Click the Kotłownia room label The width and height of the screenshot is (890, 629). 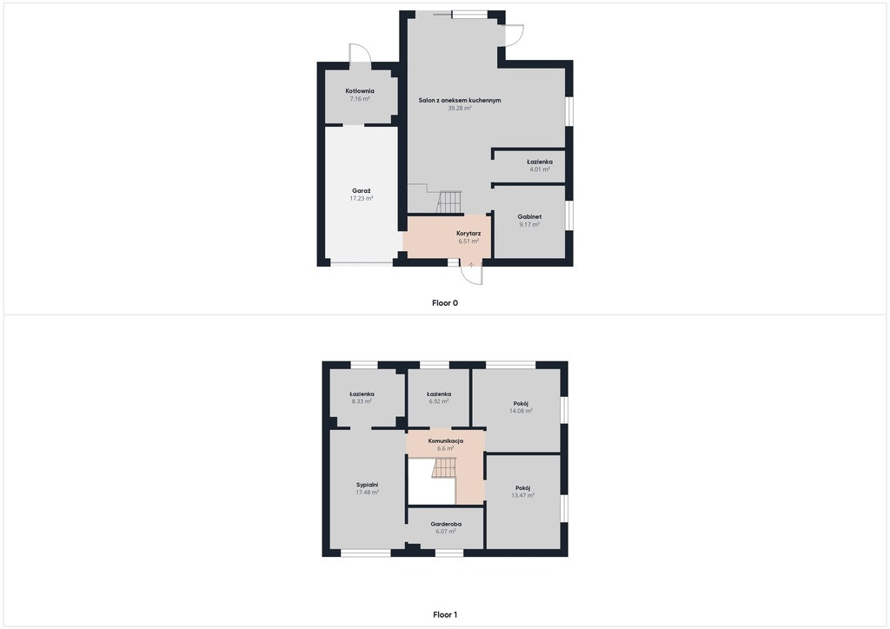360,90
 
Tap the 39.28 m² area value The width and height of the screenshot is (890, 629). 460,108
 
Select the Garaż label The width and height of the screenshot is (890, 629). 362,191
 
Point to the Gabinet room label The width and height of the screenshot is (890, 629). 529,216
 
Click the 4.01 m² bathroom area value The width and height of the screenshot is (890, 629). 540,169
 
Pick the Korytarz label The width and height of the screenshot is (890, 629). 468,233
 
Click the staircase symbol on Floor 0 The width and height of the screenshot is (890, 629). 449,202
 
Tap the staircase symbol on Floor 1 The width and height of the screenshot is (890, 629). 444,468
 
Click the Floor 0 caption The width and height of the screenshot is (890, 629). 445,303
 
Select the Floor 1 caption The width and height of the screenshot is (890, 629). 445,614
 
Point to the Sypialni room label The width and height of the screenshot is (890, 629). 368,485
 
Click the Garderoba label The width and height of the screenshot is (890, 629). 446,524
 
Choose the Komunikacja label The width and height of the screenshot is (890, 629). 446,440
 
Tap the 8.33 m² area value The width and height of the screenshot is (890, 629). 362,401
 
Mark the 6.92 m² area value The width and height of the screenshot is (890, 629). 439,401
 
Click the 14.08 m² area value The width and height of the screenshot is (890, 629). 521,411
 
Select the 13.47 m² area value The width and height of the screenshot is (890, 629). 522,495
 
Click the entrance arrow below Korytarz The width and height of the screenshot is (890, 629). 471,264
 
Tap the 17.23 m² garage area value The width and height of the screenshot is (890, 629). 362,198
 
